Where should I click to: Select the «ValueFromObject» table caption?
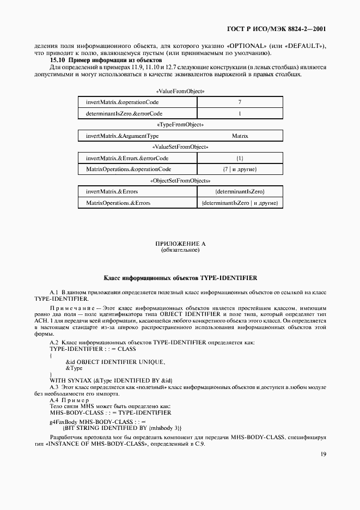click(x=180, y=92)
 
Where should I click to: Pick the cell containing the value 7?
click(x=240, y=102)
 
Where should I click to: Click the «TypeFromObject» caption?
click(x=180, y=125)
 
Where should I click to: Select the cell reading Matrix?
click(x=240, y=136)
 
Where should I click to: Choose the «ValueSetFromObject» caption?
click(x=180, y=147)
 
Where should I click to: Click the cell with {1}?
click(x=240, y=158)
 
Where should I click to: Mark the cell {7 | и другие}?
click(x=240, y=169)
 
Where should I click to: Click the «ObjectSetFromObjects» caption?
click(x=180, y=180)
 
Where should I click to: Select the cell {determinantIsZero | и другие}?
click(x=240, y=203)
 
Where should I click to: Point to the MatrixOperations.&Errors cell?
click(x=118, y=203)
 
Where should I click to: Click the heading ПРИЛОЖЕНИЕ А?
click(x=180, y=244)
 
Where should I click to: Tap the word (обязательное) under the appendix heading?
click(x=180, y=251)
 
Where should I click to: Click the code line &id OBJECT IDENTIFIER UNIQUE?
click(x=115, y=362)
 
